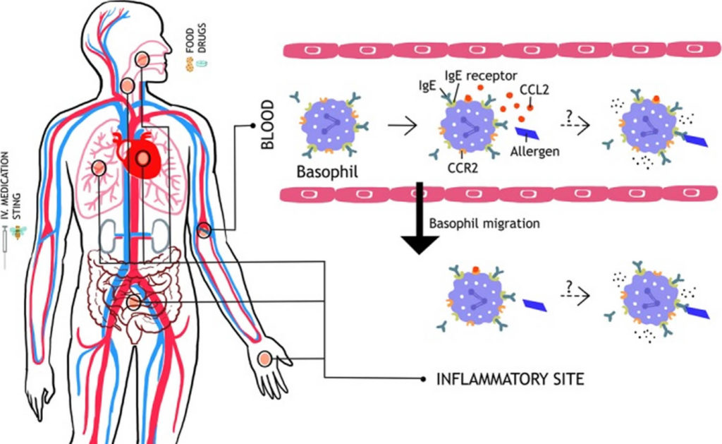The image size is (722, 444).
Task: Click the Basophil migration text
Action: pyautogui.click(x=484, y=223)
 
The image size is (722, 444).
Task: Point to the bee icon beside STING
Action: pyautogui.click(x=16, y=232)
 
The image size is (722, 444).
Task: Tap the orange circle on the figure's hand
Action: pyautogui.click(x=265, y=359)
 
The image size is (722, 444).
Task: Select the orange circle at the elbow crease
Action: pyautogui.click(x=204, y=230)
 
